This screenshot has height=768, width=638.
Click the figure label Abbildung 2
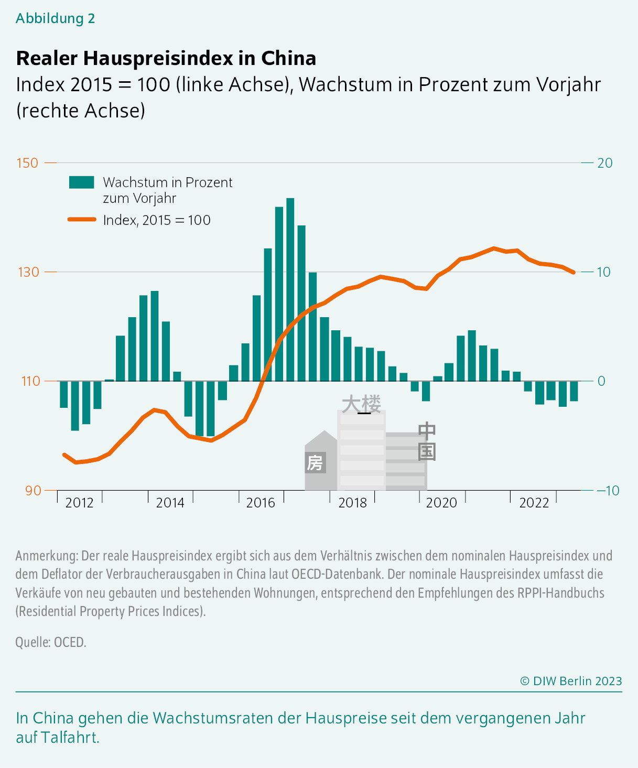coord(55,18)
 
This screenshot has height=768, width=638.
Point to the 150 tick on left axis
coord(28,163)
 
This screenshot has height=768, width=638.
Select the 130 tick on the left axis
coord(28,272)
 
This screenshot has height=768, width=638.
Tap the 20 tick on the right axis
coord(604,163)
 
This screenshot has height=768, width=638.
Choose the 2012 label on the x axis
coord(79,503)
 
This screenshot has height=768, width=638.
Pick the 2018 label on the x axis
coord(352,503)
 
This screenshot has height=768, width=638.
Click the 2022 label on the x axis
coord(534,503)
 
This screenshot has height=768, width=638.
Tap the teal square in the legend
coord(82,182)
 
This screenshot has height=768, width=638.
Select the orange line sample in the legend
coord(82,220)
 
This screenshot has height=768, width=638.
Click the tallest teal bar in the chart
coord(290,288)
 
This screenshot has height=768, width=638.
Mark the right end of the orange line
coord(574,272)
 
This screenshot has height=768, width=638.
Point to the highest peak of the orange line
coord(493,248)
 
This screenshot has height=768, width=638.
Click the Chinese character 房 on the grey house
coord(315,463)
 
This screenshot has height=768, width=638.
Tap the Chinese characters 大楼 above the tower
coord(361,404)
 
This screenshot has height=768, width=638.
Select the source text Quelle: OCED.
coord(50,642)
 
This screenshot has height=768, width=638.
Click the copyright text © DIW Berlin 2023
coord(571,681)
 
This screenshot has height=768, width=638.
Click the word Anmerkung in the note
coord(47,556)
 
